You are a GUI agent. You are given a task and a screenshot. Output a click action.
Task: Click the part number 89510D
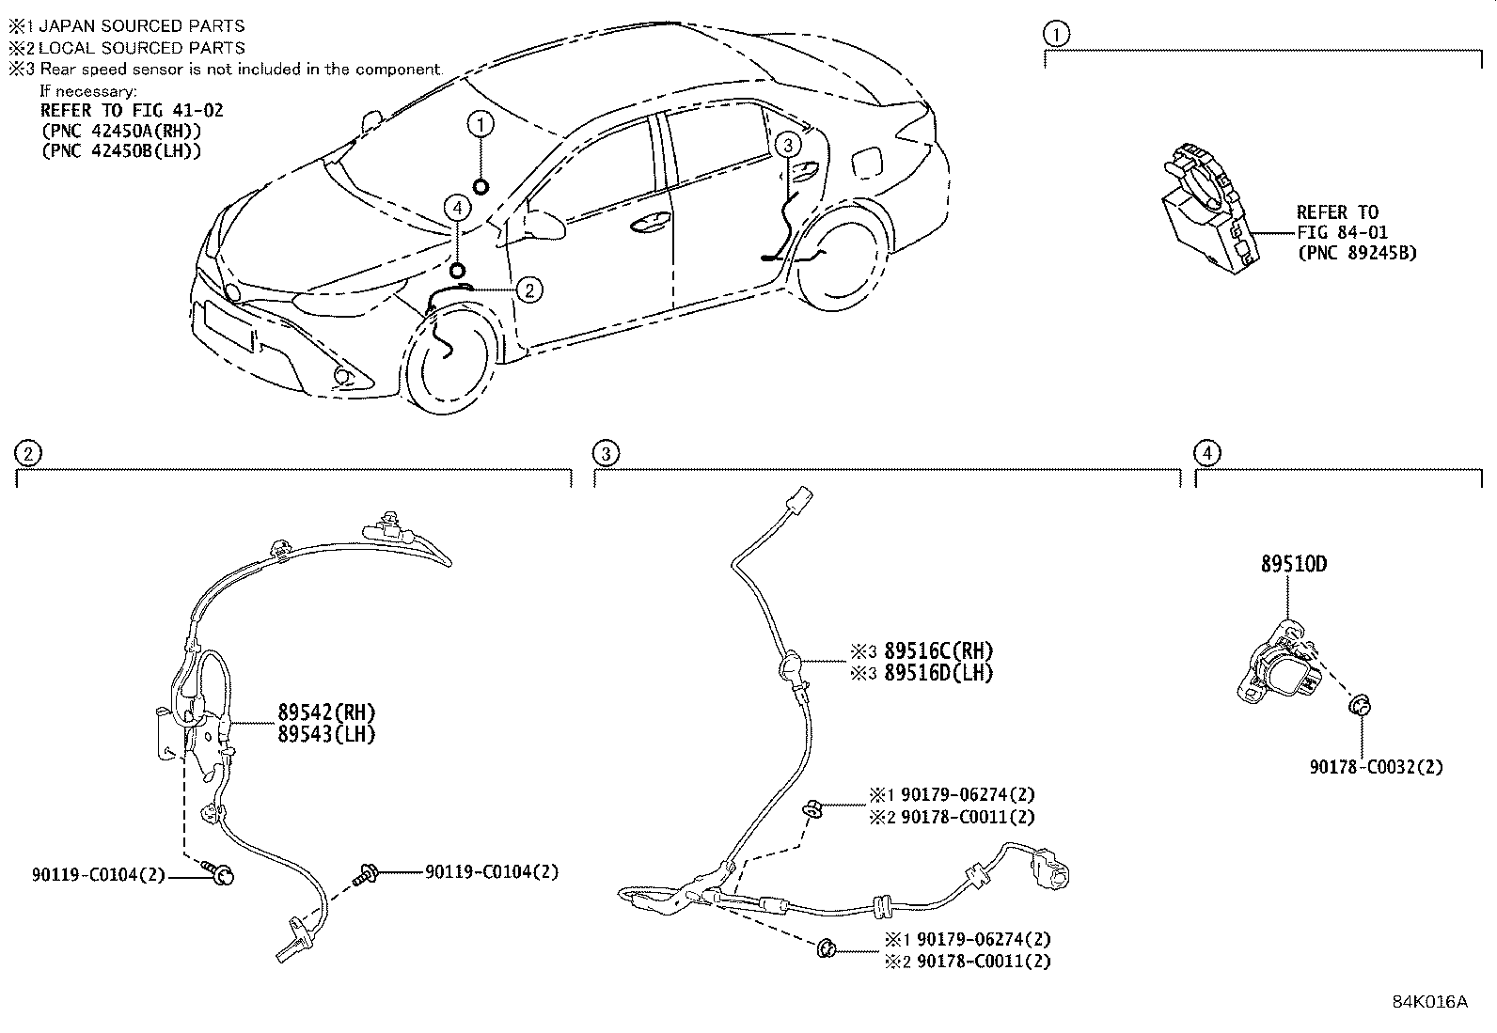1294,565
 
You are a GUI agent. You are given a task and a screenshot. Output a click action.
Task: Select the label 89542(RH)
325,712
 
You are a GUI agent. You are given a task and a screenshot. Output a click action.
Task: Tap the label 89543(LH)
325,735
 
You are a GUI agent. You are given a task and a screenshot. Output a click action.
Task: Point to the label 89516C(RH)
938,651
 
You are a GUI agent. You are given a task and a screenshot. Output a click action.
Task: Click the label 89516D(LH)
938,673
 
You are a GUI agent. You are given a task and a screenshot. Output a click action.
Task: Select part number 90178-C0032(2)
1376,767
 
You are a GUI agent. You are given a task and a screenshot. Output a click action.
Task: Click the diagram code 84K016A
1429,1002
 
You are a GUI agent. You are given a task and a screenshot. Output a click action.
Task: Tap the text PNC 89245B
1357,253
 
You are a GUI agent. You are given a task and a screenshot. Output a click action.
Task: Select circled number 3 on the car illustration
787,144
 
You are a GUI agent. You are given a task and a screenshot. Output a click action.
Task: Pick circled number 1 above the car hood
481,123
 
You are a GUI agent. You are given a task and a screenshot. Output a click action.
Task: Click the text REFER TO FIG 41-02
132,111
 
